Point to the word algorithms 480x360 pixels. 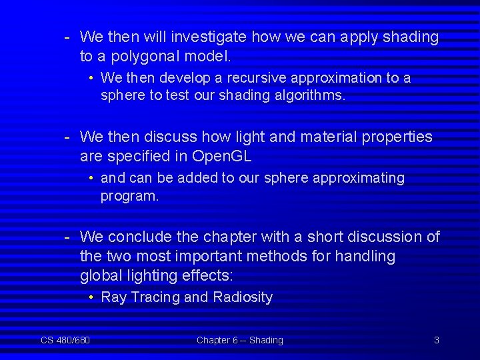pos(309,95)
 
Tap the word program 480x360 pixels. pos(129,197)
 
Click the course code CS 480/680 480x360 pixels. pos(65,341)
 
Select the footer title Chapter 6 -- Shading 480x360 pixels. pos(240,341)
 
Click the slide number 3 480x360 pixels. pos(437,341)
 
